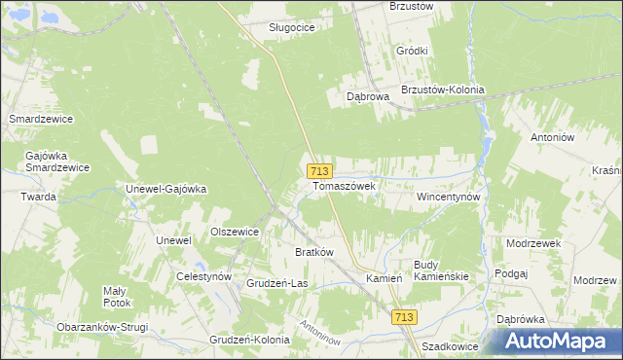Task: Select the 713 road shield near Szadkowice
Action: click(405, 317)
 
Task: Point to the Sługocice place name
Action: click(292, 27)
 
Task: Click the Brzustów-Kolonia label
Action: click(442, 90)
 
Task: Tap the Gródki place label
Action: click(413, 51)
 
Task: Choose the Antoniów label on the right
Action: click(555, 137)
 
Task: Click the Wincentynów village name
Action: click(449, 196)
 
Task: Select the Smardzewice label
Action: click(41, 119)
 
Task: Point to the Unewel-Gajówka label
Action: click(166, 189)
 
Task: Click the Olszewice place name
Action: click(235, 232)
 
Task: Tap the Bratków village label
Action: click(314, 252)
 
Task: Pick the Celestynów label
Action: click(203, 276)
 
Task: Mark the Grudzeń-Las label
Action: click(277, 283)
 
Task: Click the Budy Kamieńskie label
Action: click(442, 270)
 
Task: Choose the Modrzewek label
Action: click(531, 242)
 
